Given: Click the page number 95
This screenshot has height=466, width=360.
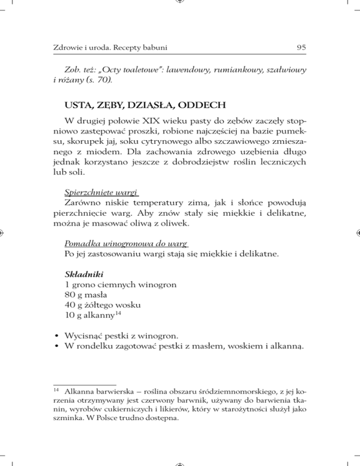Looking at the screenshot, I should pos(301,47).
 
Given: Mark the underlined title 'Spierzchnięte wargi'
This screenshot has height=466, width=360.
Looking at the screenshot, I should pos(92,192).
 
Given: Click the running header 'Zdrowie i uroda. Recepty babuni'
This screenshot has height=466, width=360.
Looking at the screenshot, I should pos(110,48).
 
